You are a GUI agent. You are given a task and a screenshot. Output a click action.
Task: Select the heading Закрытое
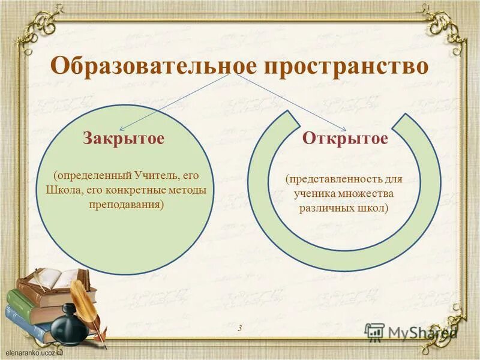click(124, 139)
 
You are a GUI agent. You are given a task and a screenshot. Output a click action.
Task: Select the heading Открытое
click(345, 139)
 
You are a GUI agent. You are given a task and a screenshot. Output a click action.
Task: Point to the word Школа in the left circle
click(62, 190)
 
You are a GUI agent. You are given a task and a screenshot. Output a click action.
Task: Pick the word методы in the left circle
click(186, 190)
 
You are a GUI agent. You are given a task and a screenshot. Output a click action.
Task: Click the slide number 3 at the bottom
click(239, 328)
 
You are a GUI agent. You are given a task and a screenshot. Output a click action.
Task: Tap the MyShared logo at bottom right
click(411, 332)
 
